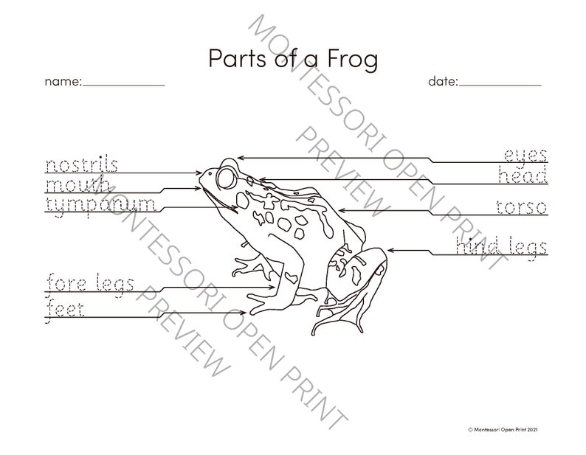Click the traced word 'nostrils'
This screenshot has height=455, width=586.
pos(82,164)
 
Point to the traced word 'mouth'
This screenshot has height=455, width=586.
pos(77,184)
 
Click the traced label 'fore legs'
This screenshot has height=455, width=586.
pos(90,283)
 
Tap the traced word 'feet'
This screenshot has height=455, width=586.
pos(65,309)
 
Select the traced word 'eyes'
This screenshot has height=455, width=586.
pos(525,156)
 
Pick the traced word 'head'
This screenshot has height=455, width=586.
pos(523,176)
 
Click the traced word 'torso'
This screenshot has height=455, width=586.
pos(522,207)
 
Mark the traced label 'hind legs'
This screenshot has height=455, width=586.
pos(501,247)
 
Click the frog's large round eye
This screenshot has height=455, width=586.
pos(224,177)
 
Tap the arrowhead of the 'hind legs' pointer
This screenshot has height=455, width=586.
pos(390,251)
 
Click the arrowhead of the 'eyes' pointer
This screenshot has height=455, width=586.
pos(240,157)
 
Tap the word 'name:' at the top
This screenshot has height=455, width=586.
pos(63,82)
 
